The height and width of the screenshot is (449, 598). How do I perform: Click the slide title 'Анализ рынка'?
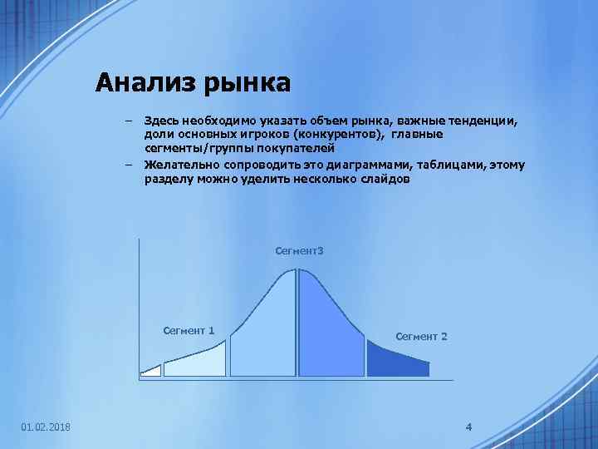click(193, 82)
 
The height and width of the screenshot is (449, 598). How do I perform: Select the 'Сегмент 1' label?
click(189, 330)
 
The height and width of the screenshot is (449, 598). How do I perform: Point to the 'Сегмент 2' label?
click(421, 336)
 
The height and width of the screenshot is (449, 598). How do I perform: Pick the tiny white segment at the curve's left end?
click(151, 371)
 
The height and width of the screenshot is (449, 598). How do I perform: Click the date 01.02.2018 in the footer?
click(46, 427)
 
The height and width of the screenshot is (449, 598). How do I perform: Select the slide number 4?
click(468, 427)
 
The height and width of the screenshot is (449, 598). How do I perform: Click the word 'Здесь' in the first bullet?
click(160, 121)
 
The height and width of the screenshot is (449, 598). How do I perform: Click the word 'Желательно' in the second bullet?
click(176, 164)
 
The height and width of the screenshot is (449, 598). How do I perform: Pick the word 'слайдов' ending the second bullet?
click(386, 178)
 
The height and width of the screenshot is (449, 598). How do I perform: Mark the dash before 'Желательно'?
click(130, 164)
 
